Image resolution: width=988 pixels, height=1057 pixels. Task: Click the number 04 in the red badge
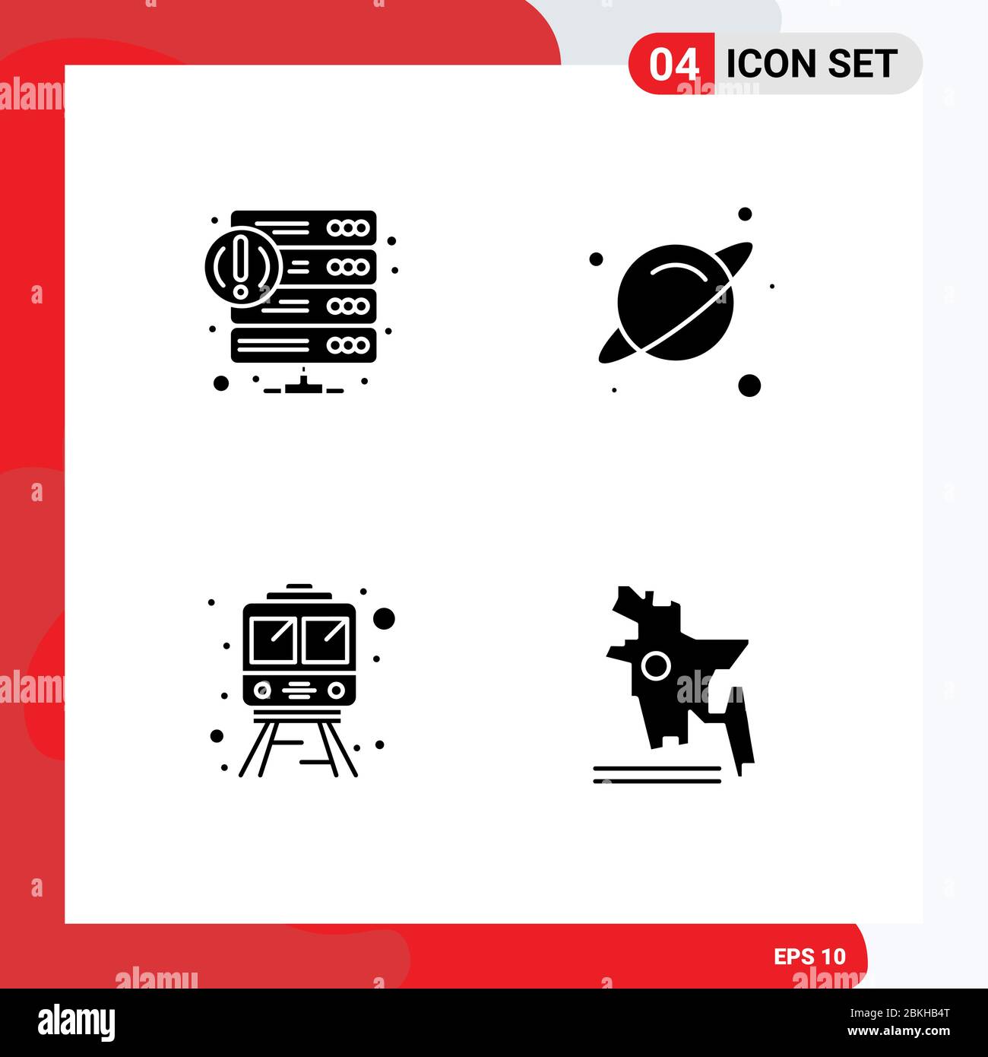[x=673, y=64]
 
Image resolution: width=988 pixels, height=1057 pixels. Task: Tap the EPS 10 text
[x=809, y=957]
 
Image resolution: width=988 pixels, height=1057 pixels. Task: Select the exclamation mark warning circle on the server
[x=242, y=266]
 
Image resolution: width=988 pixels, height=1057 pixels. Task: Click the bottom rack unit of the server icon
[x=304, y=345]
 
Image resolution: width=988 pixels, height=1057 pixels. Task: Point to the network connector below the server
[x=303, y=386]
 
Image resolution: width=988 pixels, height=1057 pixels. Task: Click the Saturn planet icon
[x=675, y=302]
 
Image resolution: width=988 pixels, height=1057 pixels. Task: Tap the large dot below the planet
[x=749, y=386]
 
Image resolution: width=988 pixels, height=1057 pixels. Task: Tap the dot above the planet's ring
[x=745, y=214]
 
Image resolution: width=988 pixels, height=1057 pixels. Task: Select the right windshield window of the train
[x=325, y=640]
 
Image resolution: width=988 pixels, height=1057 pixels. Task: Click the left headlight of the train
[x=262, y=690]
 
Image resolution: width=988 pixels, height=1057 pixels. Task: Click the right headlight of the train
[x=337, y=690]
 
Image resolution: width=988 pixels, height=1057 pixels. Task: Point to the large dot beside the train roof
[x=385, y=618]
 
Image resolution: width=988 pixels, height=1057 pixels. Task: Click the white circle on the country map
[x=655, y=667]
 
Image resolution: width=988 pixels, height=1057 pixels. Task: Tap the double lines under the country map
[x=657, y=774]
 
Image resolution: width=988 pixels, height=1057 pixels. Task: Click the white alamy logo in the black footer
[x=77, y=1023]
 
